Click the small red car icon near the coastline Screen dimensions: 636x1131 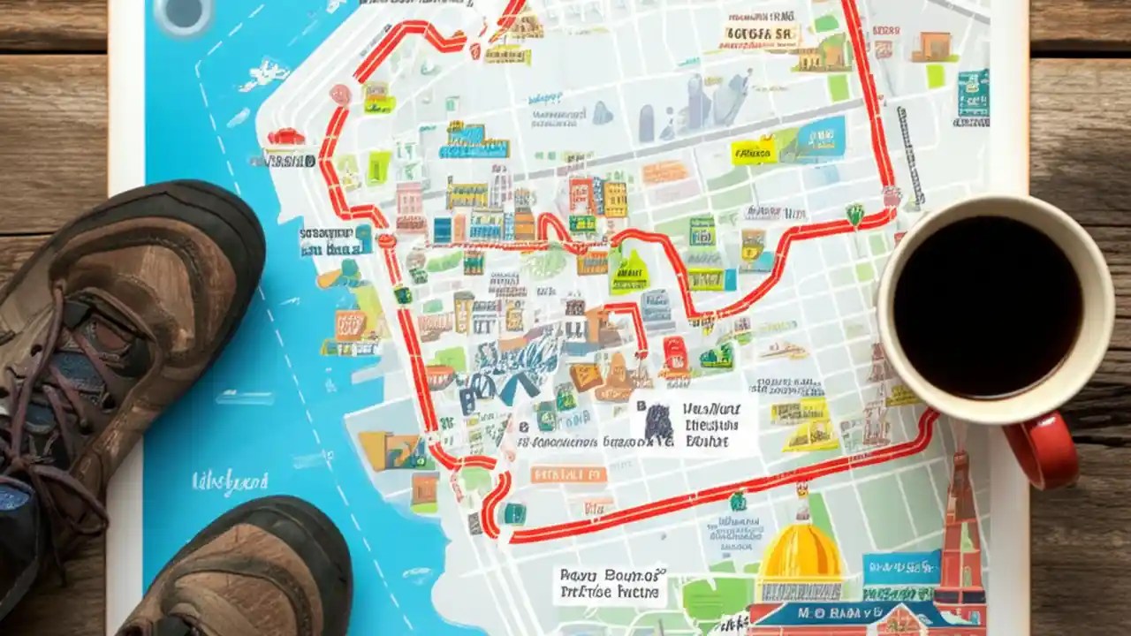[285, 137]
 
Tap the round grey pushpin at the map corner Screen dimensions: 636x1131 [183, 12]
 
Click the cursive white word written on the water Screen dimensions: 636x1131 [230, 481]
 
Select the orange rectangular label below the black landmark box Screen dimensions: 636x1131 [568, 475]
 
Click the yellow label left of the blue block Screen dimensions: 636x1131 [754, 150]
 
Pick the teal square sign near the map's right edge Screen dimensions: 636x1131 [973, 93]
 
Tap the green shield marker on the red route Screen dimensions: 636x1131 [854, 214]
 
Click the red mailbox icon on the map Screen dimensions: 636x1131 [677, 354]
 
